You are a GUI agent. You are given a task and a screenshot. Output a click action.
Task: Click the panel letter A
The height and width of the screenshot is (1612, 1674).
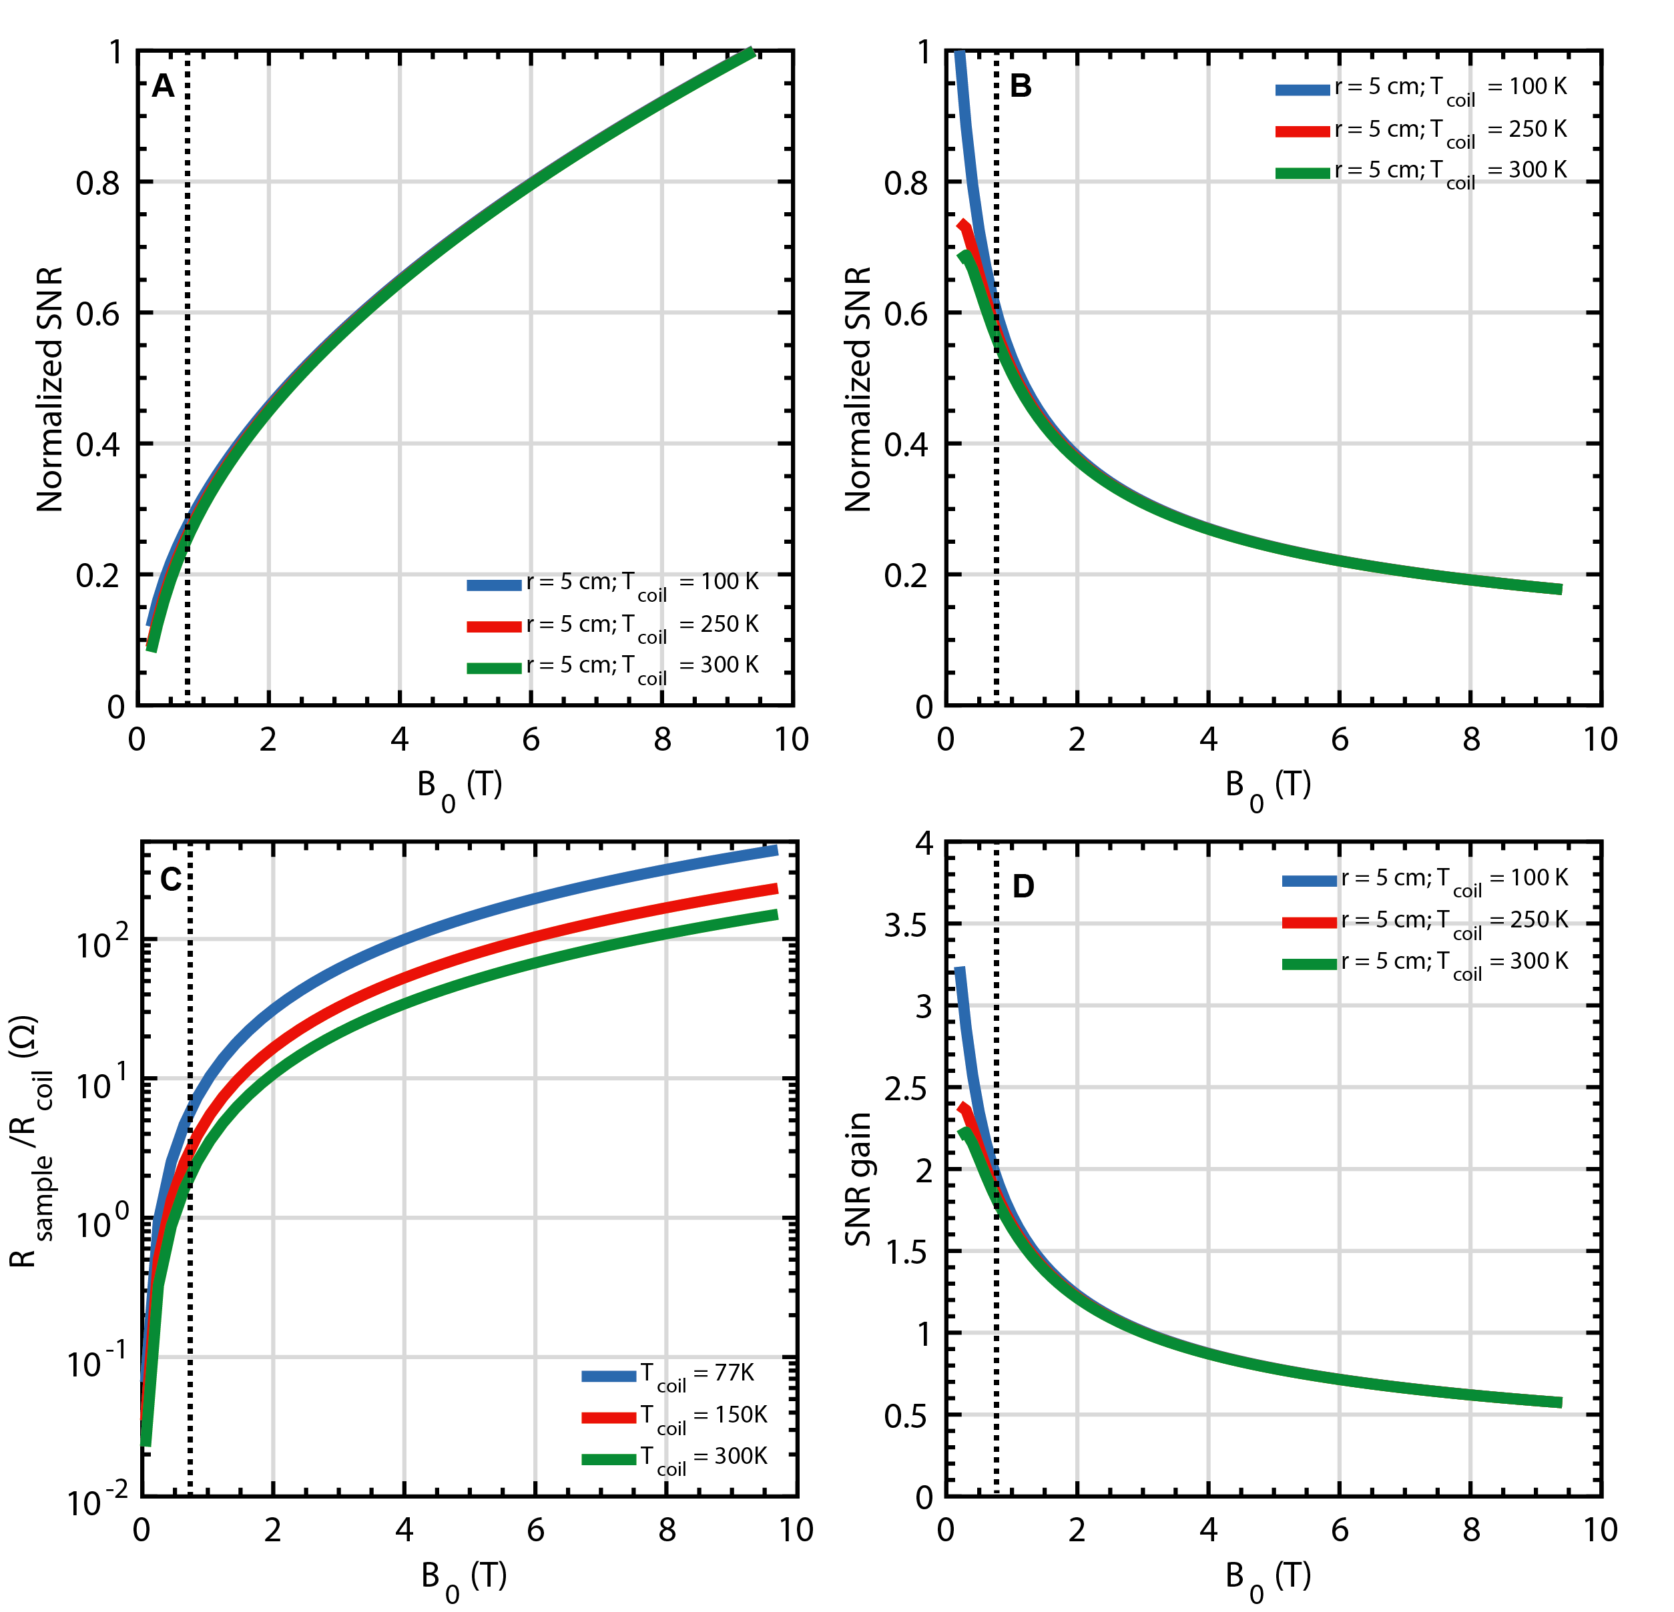[x=163, y=86]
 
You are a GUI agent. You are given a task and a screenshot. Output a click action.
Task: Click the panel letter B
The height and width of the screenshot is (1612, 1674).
[x=1021, y=86]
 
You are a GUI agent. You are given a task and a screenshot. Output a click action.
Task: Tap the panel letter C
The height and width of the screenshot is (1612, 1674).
[x=170, y=879]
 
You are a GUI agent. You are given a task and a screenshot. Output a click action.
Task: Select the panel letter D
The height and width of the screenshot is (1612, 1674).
[x=1023, y=887]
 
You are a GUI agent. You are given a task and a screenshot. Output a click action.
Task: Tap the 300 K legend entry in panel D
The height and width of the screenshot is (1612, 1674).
[x=1426, y=963]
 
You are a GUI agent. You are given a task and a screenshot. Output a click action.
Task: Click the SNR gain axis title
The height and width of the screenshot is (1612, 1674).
[x=858, y=1179]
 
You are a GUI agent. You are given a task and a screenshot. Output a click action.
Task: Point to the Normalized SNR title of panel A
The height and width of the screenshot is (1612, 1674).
[x=50, y=388]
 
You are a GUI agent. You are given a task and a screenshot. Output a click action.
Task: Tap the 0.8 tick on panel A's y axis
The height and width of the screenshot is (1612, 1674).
[x=98, y=183]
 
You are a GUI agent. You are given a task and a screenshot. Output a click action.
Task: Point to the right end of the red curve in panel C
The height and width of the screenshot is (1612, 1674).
[x=775, y=889]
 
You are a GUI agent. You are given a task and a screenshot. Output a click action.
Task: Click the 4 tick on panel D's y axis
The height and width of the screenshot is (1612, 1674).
[x=924, y=843]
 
